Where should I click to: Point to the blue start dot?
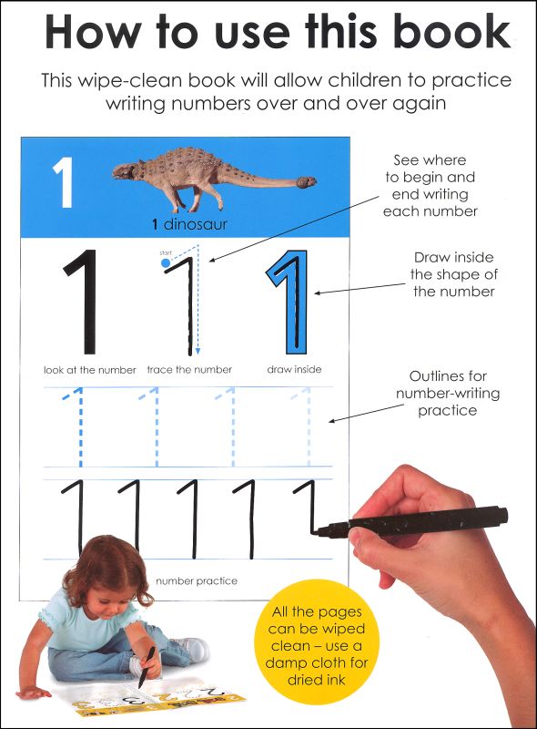click(x=165, y=263)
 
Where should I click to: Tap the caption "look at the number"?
click(x=89, y=370)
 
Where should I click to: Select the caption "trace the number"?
click(x=189, y=370)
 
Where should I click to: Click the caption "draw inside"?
click(x=294, y=370)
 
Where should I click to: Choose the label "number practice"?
click(x=197, y=580)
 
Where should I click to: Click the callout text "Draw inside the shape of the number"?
click(x=453, y=274)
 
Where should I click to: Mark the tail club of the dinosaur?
click(x=308, y=182)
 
